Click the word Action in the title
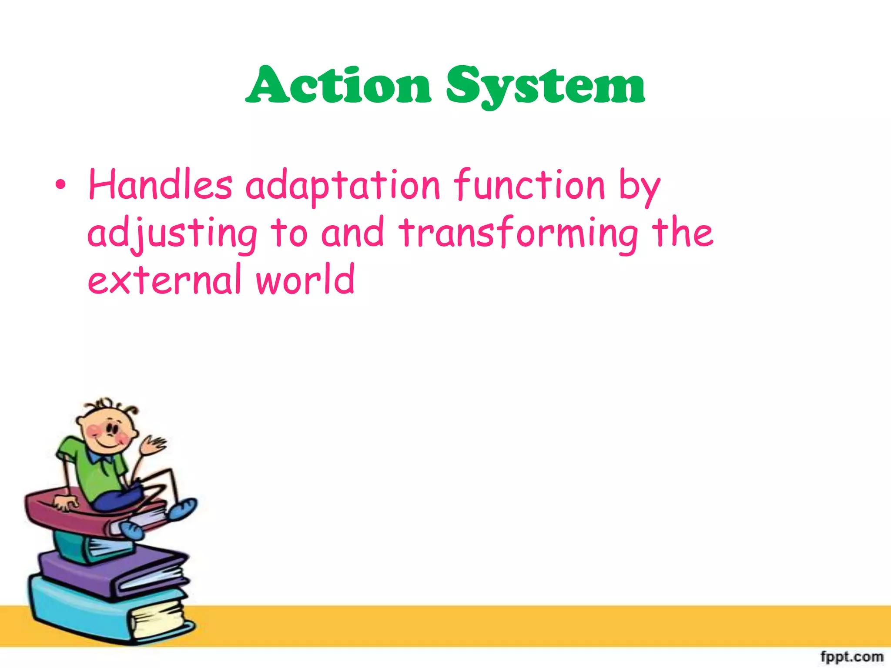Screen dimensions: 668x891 (338, 85)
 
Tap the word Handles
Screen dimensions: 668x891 (160, 186)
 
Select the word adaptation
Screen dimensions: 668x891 (343, 187)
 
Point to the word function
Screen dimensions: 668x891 (529, 185)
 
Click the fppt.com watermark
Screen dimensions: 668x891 (851, 656)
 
